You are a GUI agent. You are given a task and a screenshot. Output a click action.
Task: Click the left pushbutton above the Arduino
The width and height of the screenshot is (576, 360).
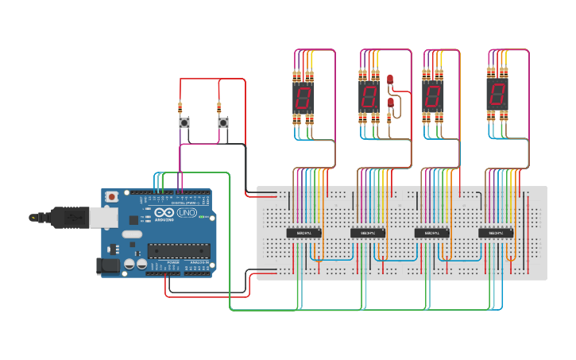(184, 123)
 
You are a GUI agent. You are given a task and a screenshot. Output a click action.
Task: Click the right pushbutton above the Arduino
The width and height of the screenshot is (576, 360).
(223, 123)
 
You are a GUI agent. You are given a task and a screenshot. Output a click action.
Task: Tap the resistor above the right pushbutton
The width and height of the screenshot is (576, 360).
(219, 107)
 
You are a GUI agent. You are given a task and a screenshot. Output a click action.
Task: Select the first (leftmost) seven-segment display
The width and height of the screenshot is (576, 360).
(303, 98)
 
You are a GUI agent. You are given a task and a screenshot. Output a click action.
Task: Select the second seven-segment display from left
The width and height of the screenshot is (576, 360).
(368, 98)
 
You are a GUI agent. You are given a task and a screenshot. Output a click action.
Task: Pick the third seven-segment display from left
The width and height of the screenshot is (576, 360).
(432, 97)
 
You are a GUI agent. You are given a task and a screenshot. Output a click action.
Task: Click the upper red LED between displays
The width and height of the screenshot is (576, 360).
(390, 79)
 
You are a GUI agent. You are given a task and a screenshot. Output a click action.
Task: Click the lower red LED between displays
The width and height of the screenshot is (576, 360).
(390, 103)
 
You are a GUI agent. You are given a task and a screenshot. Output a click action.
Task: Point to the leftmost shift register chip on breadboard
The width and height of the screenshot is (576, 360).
(303, 233)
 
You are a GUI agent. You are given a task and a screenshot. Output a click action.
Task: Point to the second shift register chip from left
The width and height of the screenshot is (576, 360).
(368, 233)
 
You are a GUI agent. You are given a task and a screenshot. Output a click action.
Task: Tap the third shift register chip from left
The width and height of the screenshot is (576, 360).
(432, 233)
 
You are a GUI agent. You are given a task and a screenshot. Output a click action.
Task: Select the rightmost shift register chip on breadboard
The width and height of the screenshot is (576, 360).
(496, 233)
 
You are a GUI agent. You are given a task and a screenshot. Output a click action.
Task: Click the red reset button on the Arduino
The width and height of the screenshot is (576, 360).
(112, 196)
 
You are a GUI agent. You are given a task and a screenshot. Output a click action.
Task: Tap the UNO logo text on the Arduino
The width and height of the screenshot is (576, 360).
(186, 214)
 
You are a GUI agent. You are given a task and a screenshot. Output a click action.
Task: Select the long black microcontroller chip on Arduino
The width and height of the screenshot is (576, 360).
(179, 250)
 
